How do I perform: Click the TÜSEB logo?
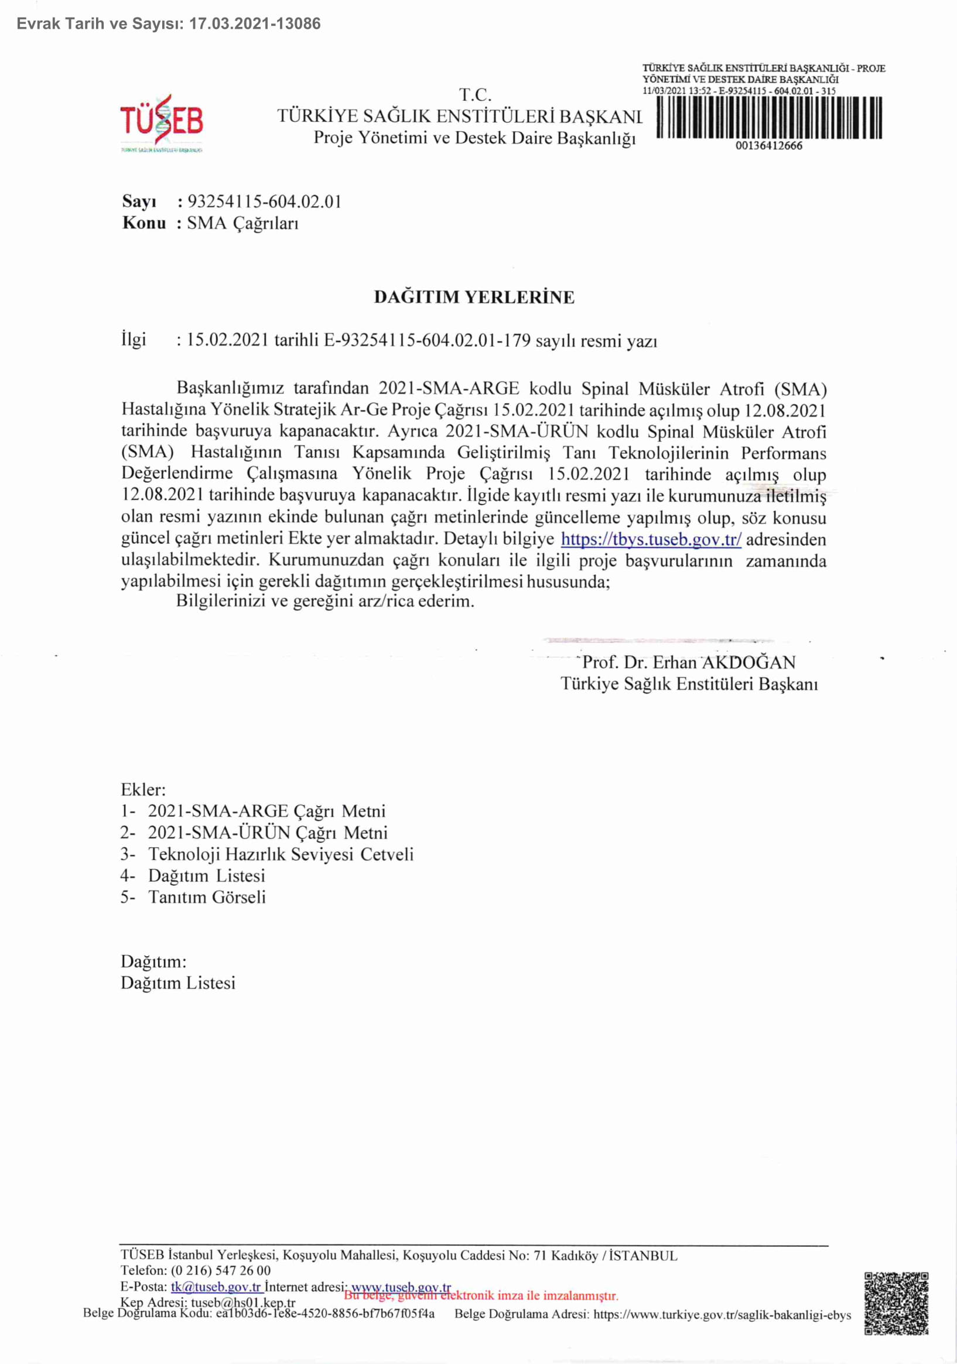pos(162,122)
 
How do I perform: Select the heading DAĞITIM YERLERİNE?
pos(474,297)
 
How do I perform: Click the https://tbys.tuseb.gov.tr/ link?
pos(651,540)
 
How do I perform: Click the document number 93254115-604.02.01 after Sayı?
pos(264,202)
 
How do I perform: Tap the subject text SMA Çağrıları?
pos(242,223)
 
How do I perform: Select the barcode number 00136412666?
pos(769,145)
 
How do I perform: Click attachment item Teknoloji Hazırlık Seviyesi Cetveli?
pos(280,854)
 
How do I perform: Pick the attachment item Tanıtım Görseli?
pos(207,897)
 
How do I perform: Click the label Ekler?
pos(143,790)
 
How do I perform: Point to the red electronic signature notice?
pos(481,1295)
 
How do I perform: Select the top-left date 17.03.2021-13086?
pos(255,24)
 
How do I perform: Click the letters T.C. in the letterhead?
pos(475,95)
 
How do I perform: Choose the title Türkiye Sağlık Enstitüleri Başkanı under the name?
pos(689,684)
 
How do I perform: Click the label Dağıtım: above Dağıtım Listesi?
pos(153,961)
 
